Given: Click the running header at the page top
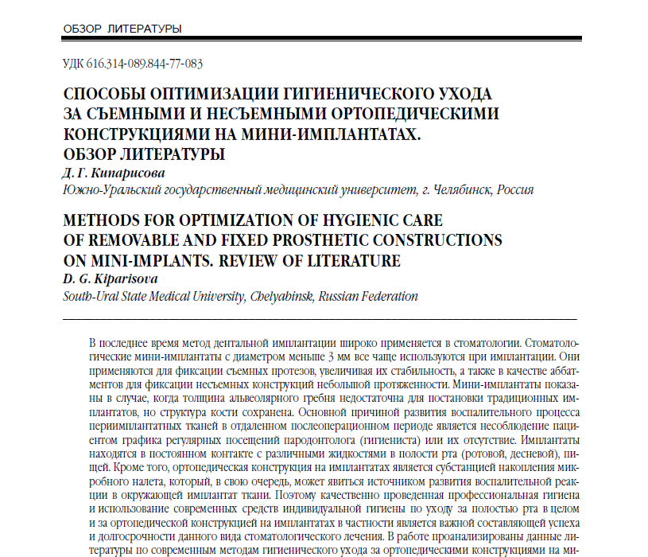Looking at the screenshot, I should click(122, 29).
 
